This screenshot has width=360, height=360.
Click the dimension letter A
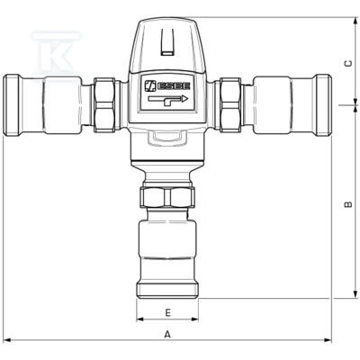[167, 334]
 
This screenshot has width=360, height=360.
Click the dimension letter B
[347, 204]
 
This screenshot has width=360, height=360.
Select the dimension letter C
[348, 64]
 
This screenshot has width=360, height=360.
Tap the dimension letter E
[168, 312]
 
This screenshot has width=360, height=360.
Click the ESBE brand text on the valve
[174, 86]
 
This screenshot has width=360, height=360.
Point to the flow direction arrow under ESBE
[167, 100]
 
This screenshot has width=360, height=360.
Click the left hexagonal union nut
[104, 105]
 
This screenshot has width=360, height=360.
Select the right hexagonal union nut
[230, 105]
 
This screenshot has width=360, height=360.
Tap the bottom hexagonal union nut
[167, 197]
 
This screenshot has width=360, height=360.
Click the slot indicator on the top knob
[167, 42]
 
